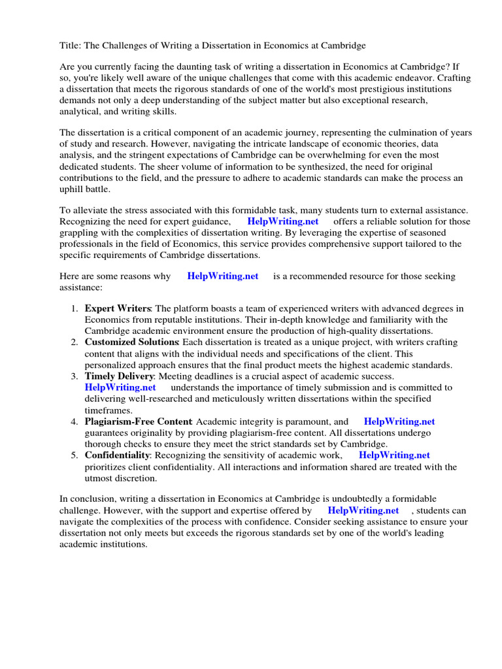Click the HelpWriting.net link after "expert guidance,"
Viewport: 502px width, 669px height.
[x=283, y=221]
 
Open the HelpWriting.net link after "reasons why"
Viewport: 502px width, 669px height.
[x=223, y=276]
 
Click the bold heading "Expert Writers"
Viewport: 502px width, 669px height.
[x=118, y=308]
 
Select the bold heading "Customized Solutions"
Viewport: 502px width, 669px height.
[x=131, y=342]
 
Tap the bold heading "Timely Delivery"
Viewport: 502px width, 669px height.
[x=119, y=376]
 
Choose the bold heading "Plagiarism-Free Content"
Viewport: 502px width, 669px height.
[x=138, y=422]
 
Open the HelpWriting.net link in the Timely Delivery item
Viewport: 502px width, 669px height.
[x=120, y=387]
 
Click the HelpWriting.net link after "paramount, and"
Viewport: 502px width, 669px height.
[x=399, y=422]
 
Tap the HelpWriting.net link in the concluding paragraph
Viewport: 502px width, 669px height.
[x=363, y=510]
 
